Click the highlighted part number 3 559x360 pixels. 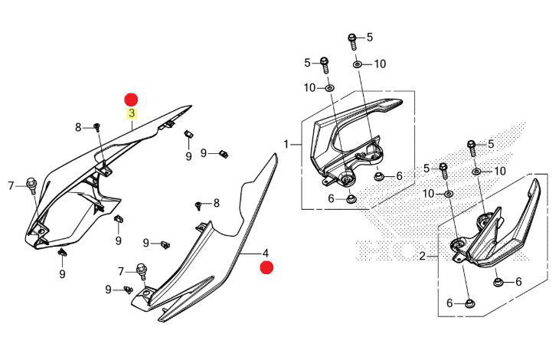132,113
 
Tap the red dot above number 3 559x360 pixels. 132,99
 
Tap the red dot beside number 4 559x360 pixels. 266,267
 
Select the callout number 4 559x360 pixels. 266,253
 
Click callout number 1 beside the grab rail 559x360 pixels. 286,144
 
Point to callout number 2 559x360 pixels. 422,256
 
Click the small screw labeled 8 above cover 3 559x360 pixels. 98,126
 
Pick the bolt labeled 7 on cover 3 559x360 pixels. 32,185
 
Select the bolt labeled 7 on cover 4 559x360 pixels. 142,270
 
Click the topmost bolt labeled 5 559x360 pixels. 353,38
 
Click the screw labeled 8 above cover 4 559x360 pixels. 198,205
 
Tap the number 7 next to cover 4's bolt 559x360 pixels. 121,271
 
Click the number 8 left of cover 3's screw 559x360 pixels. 78,127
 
